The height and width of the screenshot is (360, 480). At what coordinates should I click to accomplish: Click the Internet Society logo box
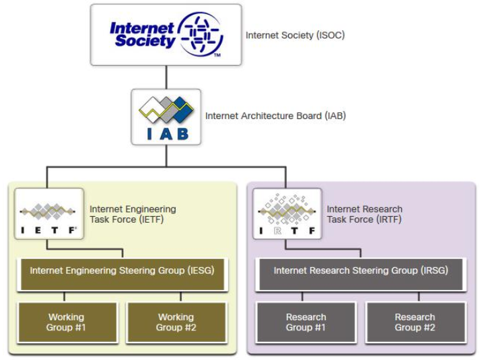click(x=166, y=35)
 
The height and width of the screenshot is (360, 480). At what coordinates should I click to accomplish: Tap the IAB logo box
click(x=165, y=117)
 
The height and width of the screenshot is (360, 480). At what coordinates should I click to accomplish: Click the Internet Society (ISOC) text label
click(x=295, y=35)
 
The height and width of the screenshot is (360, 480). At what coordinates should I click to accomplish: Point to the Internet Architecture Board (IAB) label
click(x=275, y=116)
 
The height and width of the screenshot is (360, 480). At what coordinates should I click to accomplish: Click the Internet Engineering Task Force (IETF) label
click(x=133, y=214)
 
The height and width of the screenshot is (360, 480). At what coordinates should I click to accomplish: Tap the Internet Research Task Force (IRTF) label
click(x=364, y=214)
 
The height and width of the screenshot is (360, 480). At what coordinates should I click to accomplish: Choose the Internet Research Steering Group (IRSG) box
click(x=361, y=271)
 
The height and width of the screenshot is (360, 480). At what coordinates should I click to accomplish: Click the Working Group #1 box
click(x=66, y=322)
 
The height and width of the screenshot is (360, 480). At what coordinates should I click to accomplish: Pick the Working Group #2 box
click(x=175, y=322)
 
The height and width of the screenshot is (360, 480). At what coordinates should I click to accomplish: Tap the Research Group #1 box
click(x=306, y=322)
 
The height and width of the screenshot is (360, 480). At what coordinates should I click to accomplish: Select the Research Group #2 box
click(x=415, y=322)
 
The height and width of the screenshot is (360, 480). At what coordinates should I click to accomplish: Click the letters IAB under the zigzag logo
click(x=165, y=133)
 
